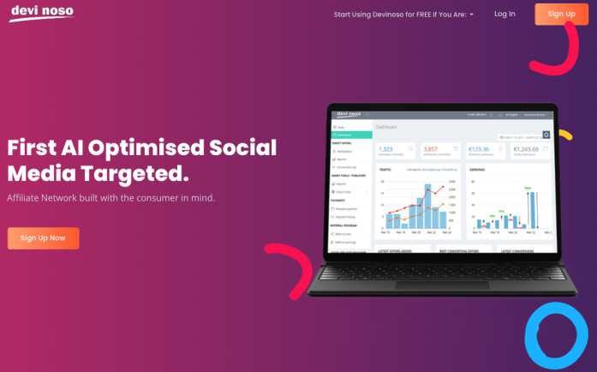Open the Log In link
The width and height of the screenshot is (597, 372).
pyautogui.click(x=504, y=14)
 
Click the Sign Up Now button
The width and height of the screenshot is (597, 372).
pyautogui.click(x=43, y=237)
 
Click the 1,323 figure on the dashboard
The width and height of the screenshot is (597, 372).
pyautogui.click(x=385, y=149)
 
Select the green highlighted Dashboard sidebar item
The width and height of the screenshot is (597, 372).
pyautogui.click(x=351, y=135)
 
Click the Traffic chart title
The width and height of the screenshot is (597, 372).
pyautogui.click(x=385, y=169)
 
